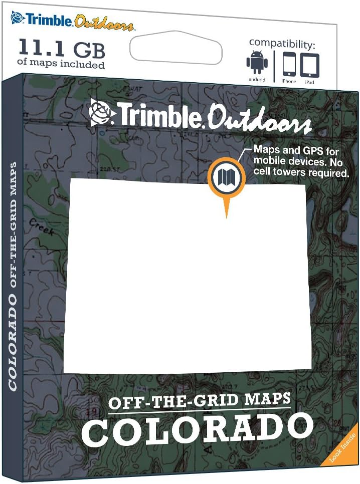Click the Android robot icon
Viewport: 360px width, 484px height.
[x=257, y=62]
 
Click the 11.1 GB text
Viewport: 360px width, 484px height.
[x=62, y=49]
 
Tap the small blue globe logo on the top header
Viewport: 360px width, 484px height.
[x=18, y=18]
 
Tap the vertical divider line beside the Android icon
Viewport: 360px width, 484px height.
[x=274, y=66]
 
